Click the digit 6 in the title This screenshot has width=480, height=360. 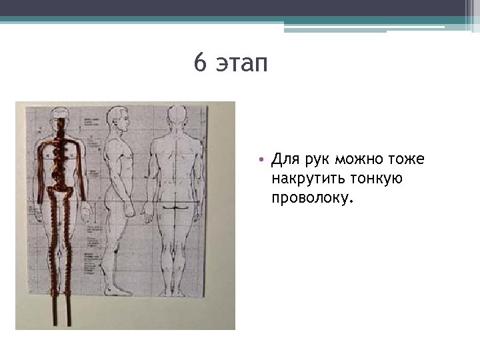tap(200, 64)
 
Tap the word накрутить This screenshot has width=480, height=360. tap(305, 179)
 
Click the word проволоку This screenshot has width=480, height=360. tap(311, 198)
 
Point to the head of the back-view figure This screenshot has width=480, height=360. tap(177, 115)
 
